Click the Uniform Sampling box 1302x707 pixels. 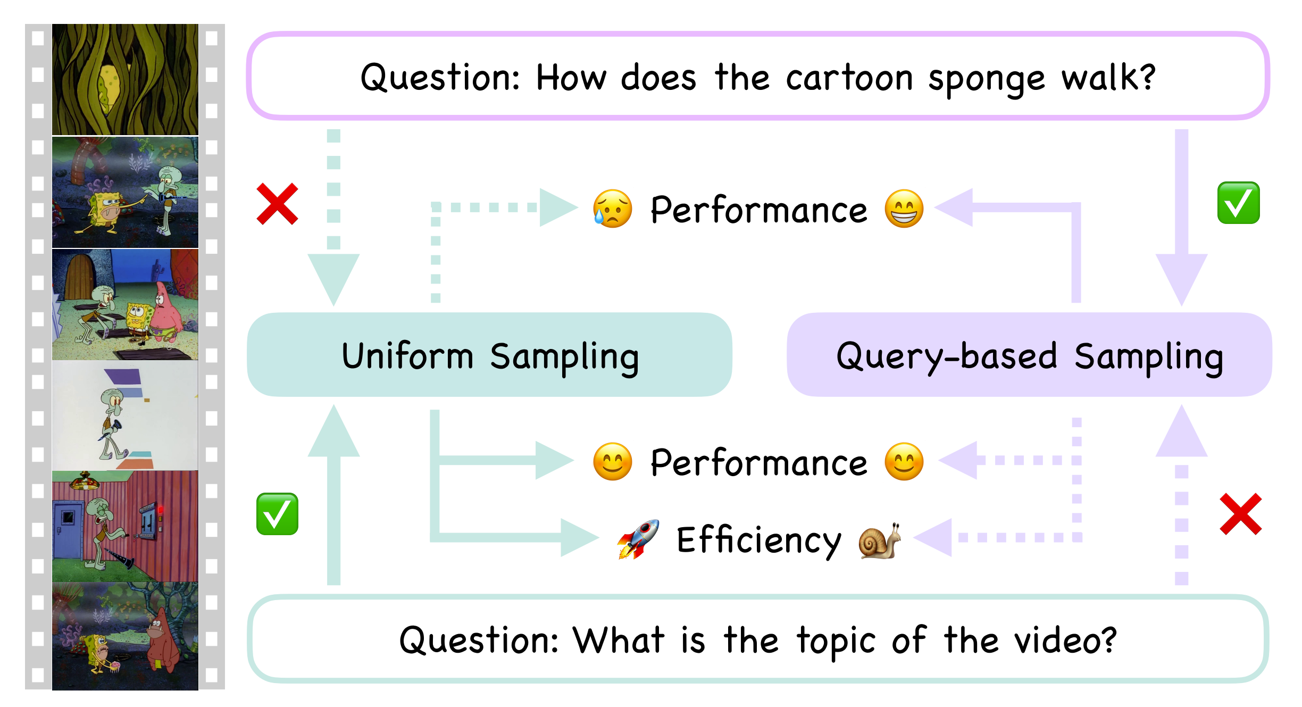(x=489, y=354)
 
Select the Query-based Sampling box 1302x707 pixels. (x=1029, y=354)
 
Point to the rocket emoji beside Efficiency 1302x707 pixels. (x=638, y=539)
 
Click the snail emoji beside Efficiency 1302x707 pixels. (x=880, y=540)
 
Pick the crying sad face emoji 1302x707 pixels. (x=613, y=209)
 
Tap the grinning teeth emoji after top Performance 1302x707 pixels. (x=904, y=209)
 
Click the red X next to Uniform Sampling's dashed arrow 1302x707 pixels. (x=277, y=204)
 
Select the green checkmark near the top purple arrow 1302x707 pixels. (x=1239, y=203)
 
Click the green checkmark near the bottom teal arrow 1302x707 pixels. (x=277, y=514)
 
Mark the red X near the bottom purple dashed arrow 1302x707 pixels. (x=1241, y=514)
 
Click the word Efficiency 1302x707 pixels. (x=759, y=540)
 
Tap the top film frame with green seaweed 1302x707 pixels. (x=125, y=79)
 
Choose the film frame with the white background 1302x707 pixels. (x=125, y=415)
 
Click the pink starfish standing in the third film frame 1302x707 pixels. (x=165, y=314)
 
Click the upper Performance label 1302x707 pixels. (x=758, y=210)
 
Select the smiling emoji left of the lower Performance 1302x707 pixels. (x=613, y=462)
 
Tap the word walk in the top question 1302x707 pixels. (x=1109, y=78)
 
